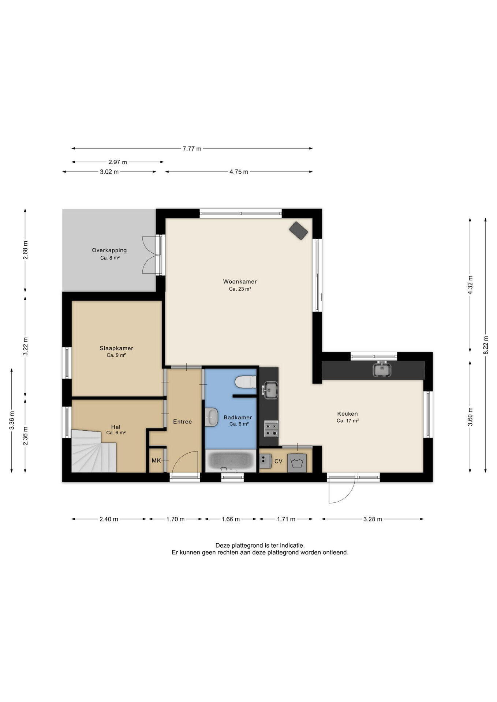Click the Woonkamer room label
point(240,282)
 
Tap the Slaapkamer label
point(116,348)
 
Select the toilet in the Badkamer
point(246,382)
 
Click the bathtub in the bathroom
point(231,460)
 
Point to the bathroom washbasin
point(212,418)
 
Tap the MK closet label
point(156,460)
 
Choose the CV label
point(279,461)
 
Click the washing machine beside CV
point(297,463)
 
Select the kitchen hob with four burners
point(272,429)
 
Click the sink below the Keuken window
point(382,369)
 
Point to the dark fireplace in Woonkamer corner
point(299,230)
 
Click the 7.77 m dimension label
point(192,148)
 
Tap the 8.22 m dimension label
point(486,345)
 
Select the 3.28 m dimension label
point(373,519)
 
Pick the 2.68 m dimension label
point(25,251)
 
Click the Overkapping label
point(109,250)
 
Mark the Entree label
point(182,422)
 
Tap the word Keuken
point(348,414)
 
